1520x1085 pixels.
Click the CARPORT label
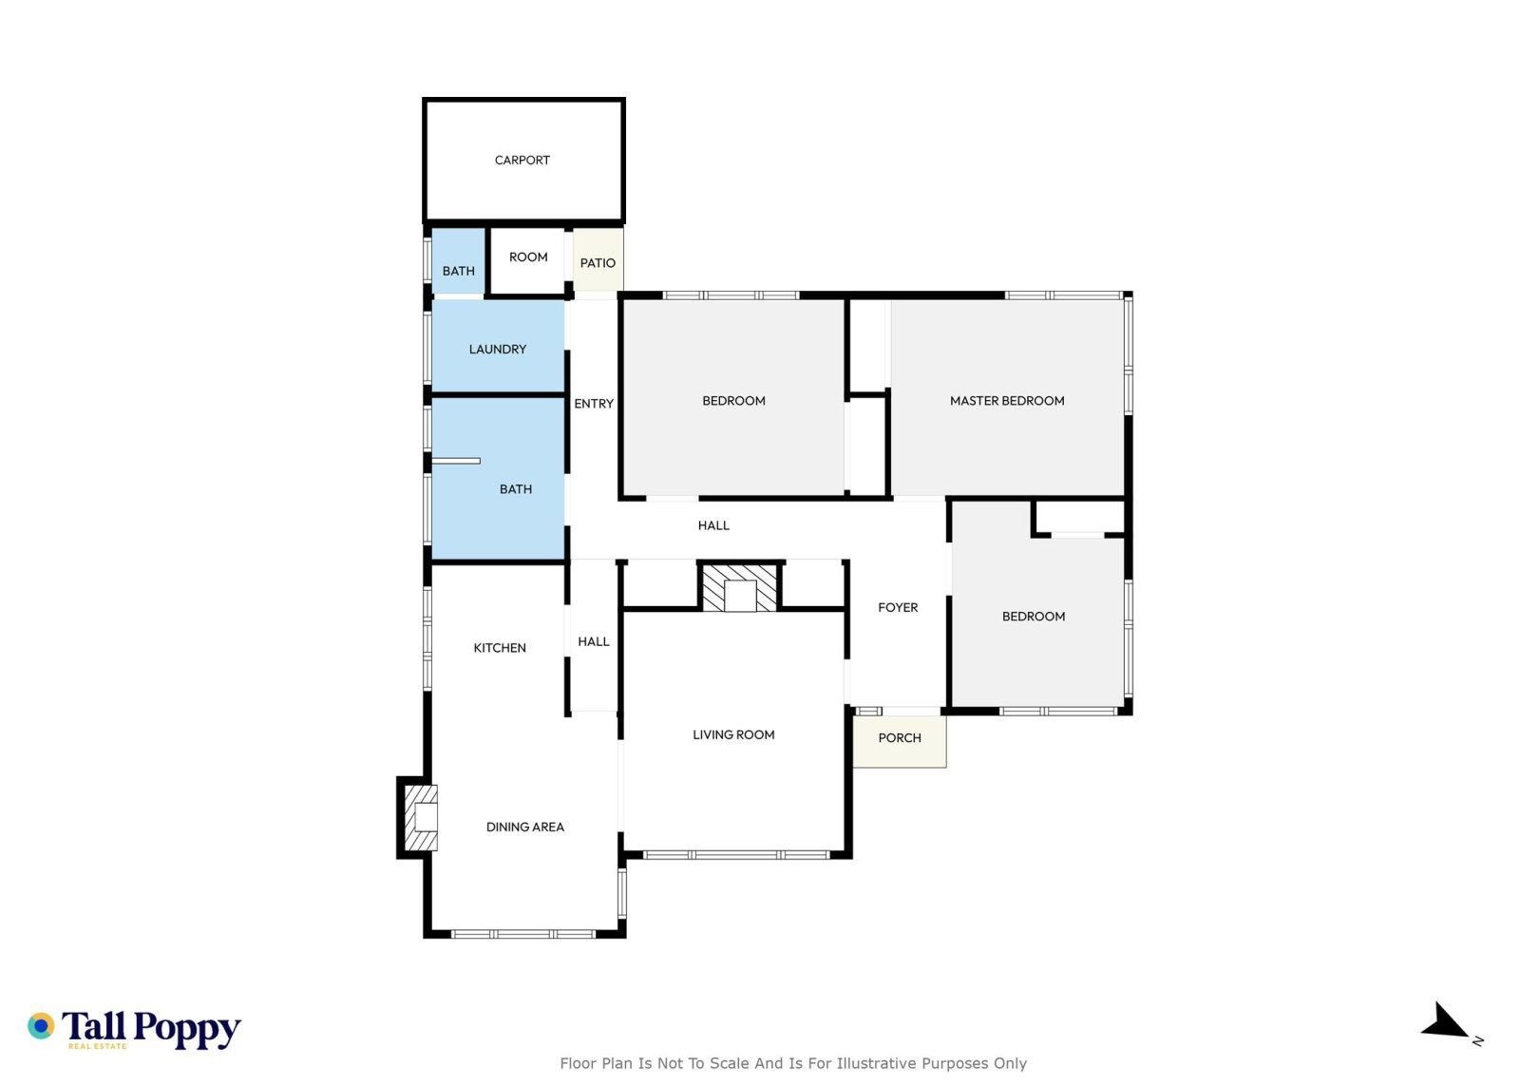[x=522, y=161]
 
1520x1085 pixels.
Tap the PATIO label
[x=598, y=263]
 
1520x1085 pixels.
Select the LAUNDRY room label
[x=498, y=350]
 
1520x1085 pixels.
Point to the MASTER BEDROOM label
[x=1007, y=401]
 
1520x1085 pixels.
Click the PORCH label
[x=900, y=737]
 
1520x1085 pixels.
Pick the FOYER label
[x=898, y=607]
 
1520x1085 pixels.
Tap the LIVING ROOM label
[x=733, y=734]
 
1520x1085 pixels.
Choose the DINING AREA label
[x=525, y=827]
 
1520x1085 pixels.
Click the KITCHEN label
[x=500, y=648]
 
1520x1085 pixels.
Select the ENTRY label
[x=594, y=404]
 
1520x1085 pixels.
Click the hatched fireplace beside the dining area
[x=421, y=818]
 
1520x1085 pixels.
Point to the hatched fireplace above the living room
[x=740, y=587]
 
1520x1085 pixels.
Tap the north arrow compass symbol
[x=1444, y=1022]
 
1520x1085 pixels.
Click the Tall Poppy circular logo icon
[x=41, y=1026]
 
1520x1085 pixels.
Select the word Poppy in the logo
[x=186, y=1029]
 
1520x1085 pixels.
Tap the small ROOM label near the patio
[x=528, y=257]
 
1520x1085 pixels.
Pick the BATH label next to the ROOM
[x=459, y=271]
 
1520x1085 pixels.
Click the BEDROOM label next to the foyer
[x=1034, y=616]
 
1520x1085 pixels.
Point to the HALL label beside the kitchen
[x=594, y=641]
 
